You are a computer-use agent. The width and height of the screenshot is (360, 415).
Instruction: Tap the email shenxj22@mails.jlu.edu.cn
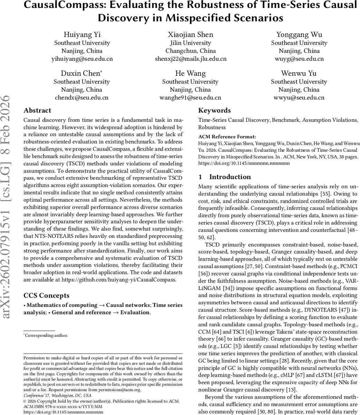191,59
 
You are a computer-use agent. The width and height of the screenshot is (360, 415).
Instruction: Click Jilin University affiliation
190,43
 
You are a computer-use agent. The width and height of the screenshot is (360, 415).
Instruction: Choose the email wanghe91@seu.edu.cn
190,98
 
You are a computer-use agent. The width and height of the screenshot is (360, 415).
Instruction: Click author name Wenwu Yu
299,73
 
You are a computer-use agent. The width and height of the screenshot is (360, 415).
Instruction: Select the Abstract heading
37,111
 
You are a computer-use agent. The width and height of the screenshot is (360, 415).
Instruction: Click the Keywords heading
214,111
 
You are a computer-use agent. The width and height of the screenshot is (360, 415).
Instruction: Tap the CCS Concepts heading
46,296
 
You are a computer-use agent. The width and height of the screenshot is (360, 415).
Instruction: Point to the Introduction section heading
230,177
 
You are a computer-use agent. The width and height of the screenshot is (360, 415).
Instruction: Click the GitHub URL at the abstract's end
119,280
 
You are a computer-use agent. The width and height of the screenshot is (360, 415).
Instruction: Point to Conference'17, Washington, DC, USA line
57,395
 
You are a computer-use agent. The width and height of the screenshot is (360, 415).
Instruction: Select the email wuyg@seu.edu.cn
299,59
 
